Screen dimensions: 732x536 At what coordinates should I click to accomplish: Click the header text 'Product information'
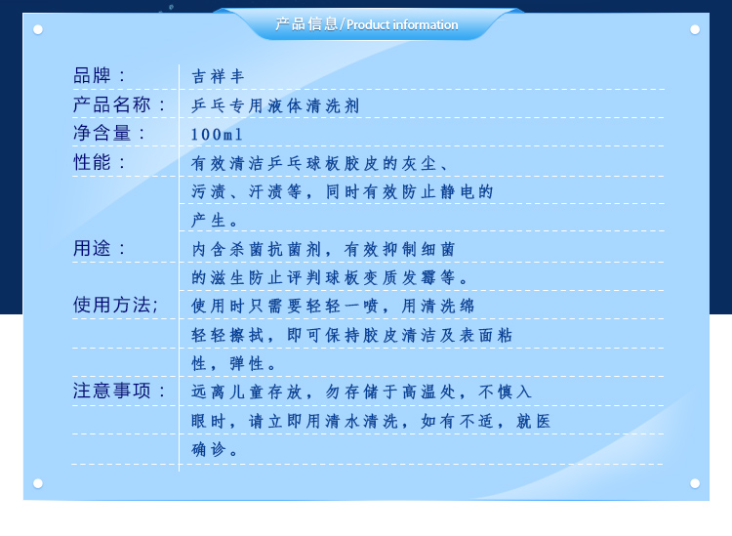coord(402,24)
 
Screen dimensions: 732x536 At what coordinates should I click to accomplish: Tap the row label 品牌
coord(92,75)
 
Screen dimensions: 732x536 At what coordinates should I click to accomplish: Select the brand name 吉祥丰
coord(218,76)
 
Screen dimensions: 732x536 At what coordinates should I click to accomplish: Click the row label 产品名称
coord(111,104)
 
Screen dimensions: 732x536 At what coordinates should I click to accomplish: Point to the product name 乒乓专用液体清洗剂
coord(275,105)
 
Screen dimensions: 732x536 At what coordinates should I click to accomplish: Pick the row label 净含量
coord(102,133)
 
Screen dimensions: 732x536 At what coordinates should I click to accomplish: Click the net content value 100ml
coord(217,135)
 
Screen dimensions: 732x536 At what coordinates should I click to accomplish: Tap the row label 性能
coord(92,162)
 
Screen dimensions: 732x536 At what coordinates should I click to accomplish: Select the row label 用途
coord(92,248)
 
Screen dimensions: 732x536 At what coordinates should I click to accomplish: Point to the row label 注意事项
coord(111,391)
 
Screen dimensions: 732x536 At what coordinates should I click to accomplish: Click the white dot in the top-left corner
coord(38,30)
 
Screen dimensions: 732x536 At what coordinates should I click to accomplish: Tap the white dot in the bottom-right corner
coord(695,483)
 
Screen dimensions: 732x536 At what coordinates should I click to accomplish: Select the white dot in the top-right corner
coord(695,30)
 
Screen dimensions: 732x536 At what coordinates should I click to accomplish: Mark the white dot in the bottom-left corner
coord(38,483)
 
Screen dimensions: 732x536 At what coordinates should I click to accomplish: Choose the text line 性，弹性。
coord(234,363)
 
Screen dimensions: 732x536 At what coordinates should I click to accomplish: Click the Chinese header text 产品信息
coord(306,23)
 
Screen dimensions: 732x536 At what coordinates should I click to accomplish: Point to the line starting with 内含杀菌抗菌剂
coord(323,249)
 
